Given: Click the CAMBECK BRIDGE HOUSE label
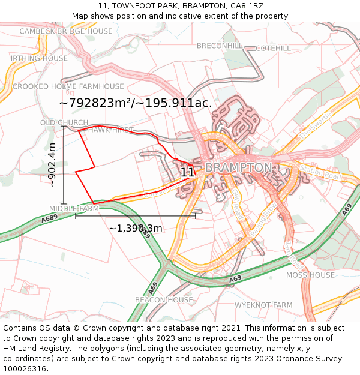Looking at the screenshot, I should click(x=66, y=31).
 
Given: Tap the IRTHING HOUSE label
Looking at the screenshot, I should click(x=39, y=58).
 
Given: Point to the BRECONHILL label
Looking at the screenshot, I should click(x=220, y=46).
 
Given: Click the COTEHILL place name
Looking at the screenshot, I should click(x=273, y=48).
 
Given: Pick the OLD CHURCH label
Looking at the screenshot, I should click(x=64, y=123).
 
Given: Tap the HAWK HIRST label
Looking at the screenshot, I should click(x=111, y=130).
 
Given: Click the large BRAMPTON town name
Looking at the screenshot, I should click(x=238, y=167).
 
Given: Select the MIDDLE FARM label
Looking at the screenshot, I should click(x=74, y=209).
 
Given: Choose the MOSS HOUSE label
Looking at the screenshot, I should click(x=310, y=275).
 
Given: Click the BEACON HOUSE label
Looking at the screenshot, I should click(x=164, y=300).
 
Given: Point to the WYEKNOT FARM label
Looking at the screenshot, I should click(x=263, y=305).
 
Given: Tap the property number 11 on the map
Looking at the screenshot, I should click(x=187, y=172).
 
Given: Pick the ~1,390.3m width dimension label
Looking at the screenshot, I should click(x=136, y=229).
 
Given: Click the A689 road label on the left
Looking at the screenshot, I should click(x=50, y=220).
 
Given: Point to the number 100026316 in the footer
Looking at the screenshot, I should click(x=25, y=368).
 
